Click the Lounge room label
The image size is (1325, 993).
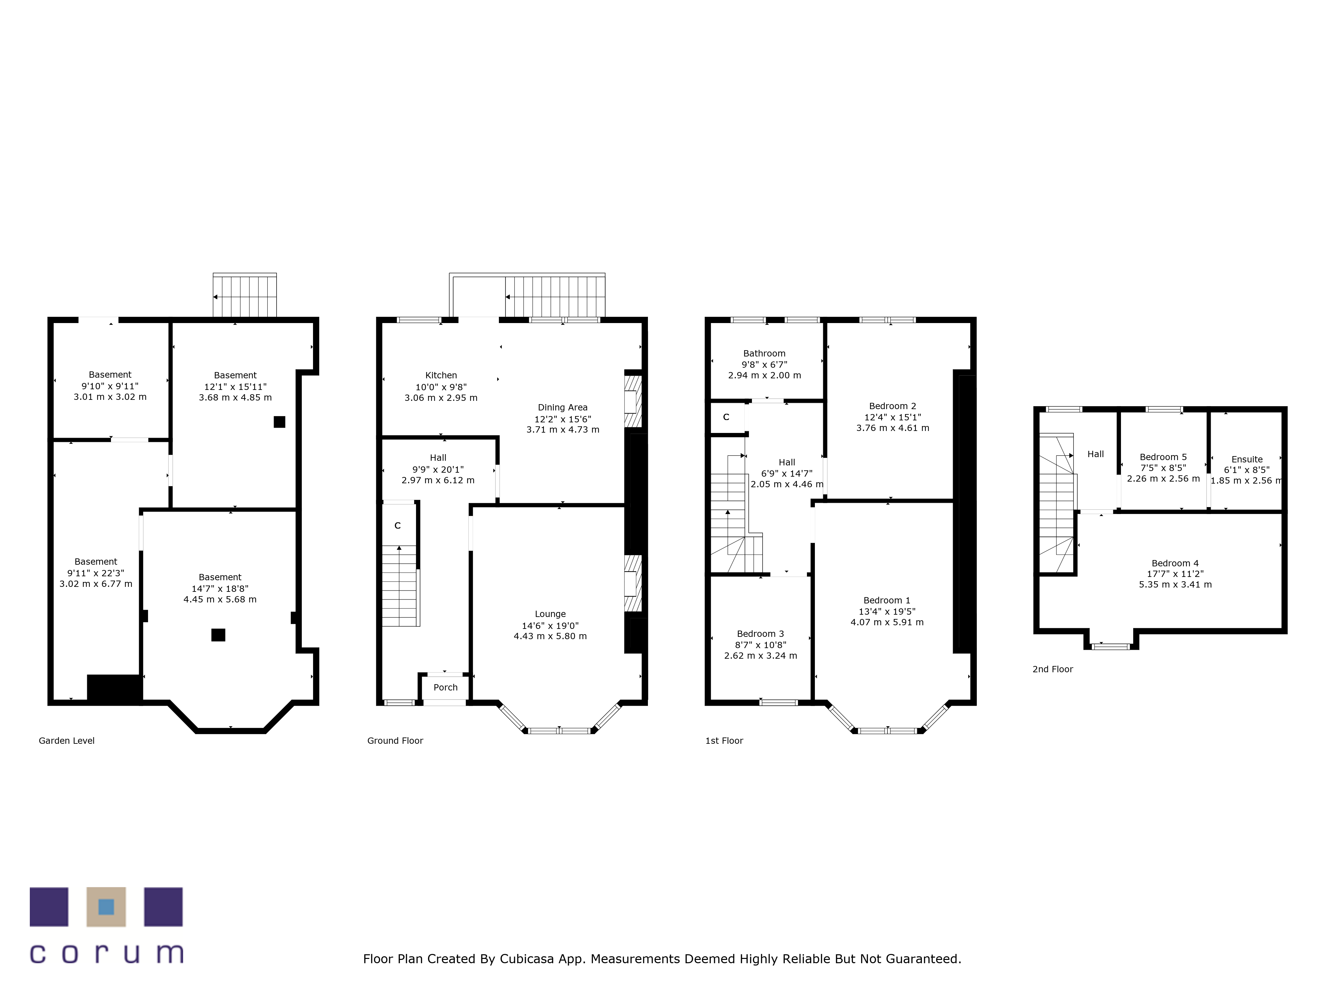coord(550,614)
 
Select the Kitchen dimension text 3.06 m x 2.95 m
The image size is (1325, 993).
coord(441,398)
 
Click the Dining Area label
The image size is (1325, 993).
coord(562,407)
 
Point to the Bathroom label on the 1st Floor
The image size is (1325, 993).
coord(764,354)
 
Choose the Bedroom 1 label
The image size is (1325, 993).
coord(886,600)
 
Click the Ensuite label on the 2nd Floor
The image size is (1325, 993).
coord(1246,460)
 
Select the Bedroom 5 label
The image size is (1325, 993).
coord(1163,457)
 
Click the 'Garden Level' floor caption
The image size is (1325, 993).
coord(67,741)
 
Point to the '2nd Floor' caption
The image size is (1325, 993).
coord(1052,670)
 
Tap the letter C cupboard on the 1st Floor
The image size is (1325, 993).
coord(726,417)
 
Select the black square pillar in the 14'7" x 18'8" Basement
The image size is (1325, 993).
coord(218,635)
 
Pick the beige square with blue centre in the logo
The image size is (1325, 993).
coord(106,907)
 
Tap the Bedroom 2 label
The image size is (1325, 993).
coord(892,406)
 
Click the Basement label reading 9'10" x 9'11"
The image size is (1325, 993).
coord(110,375)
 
